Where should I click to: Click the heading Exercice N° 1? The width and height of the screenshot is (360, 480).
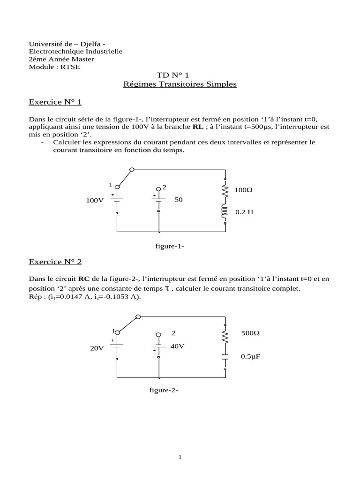[55, 102]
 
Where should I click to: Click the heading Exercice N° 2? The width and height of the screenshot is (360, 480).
[55, 262]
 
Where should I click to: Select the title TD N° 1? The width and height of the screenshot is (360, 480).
[173, 75]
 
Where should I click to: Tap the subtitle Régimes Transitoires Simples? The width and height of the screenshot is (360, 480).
[180, 84]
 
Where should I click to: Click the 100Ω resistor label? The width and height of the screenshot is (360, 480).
[243, 190]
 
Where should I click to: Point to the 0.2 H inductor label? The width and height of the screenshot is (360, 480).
[244, 212]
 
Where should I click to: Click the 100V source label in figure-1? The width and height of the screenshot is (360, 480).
[95, 200]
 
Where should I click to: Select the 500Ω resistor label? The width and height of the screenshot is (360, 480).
[250, 333]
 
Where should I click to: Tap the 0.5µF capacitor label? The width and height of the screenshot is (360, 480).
[251, 357]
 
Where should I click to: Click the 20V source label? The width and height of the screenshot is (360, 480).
[97, 348]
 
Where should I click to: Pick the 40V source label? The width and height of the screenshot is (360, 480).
[178, 346]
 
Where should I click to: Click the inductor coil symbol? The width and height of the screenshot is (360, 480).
[225, 211]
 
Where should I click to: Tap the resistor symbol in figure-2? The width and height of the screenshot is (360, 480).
[225, 336]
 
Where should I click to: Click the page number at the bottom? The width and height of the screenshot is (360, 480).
[180, 457]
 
